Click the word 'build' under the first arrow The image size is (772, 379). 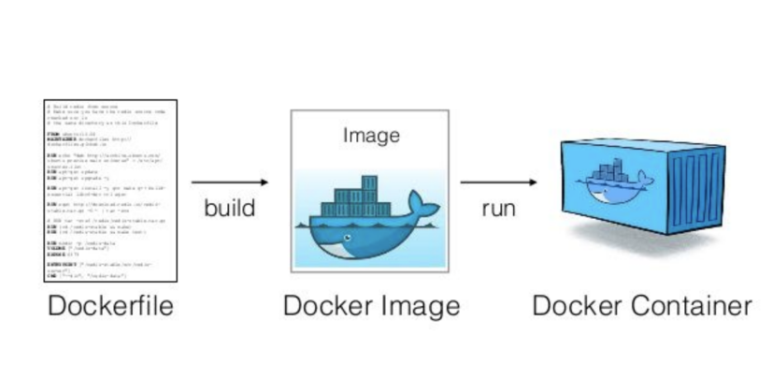229,207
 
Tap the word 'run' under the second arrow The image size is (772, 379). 498,207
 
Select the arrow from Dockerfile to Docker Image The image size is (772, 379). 230,182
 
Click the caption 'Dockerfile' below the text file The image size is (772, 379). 110,306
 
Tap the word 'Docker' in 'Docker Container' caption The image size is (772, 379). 574,306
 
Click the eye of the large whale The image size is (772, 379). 348,238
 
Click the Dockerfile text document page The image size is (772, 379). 111,188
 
